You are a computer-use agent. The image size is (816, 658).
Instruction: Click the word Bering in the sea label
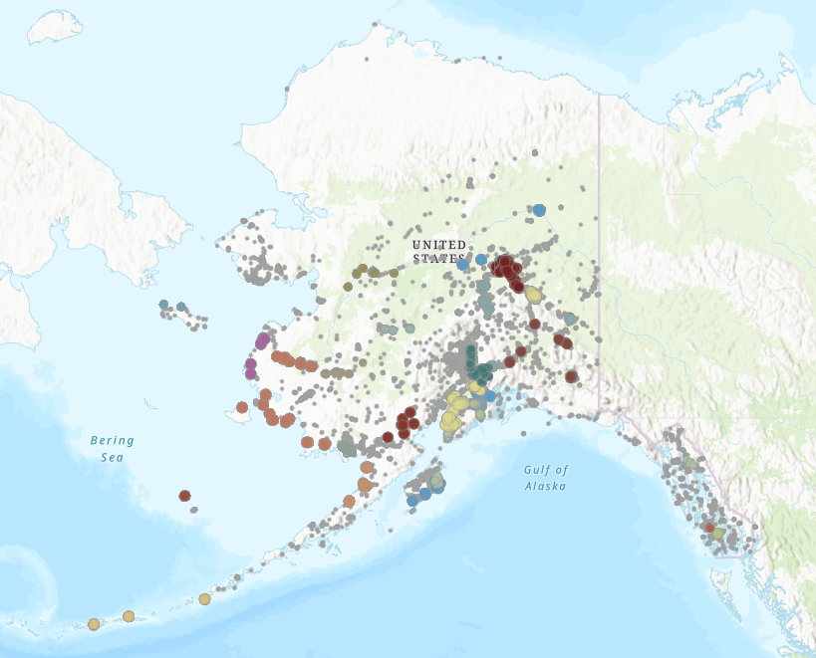tap(112, 440)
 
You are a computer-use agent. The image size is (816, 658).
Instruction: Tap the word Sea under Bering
tap(112, 457)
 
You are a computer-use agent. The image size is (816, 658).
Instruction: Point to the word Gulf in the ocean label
tap(538, 470)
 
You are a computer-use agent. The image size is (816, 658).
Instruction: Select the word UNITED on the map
tap(438, 245)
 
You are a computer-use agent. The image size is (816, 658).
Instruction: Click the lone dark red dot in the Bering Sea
tap(184, 496)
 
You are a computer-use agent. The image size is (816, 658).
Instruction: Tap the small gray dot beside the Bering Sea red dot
tap(194, 510)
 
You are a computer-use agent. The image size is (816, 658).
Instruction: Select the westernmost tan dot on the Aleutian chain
tap(94, 624)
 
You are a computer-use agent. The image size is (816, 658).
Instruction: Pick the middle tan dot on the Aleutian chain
tap(129, 616)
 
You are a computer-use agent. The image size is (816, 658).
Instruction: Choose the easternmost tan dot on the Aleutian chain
tap(204, 599)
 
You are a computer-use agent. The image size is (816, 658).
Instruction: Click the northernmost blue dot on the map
tap(539, 210)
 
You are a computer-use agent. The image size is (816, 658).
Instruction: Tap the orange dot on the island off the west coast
tap(242, 407)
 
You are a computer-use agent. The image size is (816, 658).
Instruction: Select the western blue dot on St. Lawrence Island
tap(163, 305)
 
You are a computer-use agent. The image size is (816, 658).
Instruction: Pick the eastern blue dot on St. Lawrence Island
tap(181, 307)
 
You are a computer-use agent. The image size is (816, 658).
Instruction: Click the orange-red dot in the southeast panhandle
tap(708, 528)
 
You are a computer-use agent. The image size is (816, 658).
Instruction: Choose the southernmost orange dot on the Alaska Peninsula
tap(349, 501)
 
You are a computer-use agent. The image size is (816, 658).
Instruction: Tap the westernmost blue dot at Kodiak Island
tap(412, 500)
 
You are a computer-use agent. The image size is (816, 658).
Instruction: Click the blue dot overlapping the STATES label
tap(463, 265)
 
